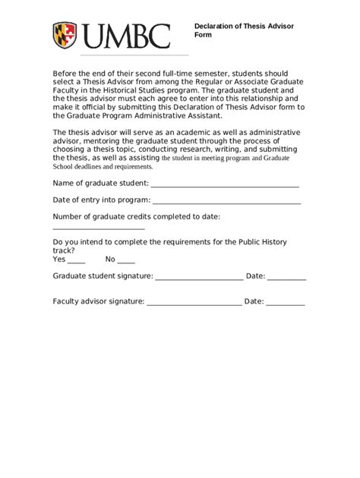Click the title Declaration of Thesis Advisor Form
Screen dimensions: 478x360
coord(243,30)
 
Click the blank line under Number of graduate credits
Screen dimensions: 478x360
coord(98,228)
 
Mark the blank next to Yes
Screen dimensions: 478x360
coord(77,260)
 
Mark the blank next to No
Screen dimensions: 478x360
coord(126,260)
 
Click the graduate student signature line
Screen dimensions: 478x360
coord(199,278)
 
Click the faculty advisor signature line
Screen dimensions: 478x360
coord(194,303)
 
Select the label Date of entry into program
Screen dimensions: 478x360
coord(101,200)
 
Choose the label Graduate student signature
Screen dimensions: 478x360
coord(103,277)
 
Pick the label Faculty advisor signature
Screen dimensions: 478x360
coord(98,301)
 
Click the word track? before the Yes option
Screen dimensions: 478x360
coord(63,250)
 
